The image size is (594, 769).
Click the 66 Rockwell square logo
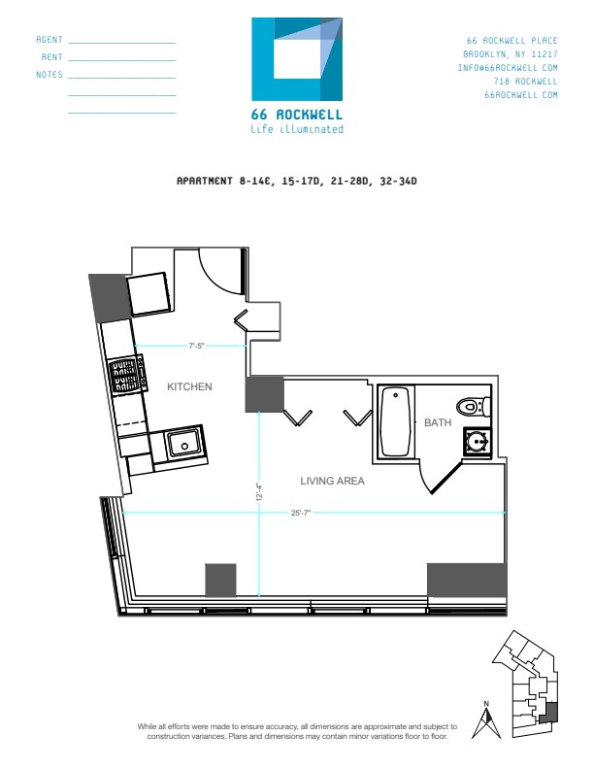(297, 59)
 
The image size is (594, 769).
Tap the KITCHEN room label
(189, 387)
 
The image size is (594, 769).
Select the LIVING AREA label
(332, 481)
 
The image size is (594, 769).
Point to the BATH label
(437, 423)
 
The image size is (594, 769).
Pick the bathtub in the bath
(396, 422)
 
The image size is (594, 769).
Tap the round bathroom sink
(477, 442)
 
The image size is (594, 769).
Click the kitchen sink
(182, 444)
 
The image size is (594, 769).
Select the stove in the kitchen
(127, 375)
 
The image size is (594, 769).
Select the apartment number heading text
(296, 181)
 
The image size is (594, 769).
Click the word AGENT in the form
(49, 40)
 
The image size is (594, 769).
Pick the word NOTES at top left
(49, 75)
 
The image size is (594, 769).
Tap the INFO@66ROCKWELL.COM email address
(508, 68)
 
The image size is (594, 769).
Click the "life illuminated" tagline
(297, 128)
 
